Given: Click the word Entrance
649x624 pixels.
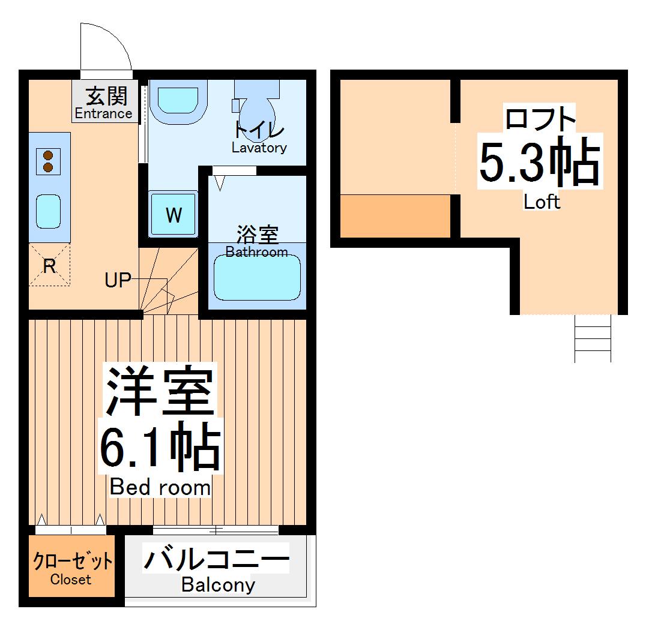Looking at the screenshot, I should pos(103,113).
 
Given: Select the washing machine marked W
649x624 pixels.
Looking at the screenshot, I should pos(174,214).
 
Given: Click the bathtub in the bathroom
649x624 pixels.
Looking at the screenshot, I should pos(257,277).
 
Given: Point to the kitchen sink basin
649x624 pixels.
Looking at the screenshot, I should pos(49,211).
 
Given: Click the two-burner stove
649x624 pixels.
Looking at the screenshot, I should pos(48,161).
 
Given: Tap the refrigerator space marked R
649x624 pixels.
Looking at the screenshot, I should pos(49,266).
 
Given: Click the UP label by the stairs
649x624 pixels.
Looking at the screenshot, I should pos(118,280).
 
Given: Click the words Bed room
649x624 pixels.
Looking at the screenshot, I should pos(160,488).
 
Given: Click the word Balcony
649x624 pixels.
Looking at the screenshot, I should pos(218,584).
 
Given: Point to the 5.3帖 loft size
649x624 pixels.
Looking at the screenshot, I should pos(539,161).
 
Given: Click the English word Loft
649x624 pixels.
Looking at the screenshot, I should pos(542,202).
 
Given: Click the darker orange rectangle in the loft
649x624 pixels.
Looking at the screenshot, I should pos(395,215).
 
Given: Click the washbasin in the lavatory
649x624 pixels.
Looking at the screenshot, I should pos(178,100).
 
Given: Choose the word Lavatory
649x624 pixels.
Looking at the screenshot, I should pos(259,148).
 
